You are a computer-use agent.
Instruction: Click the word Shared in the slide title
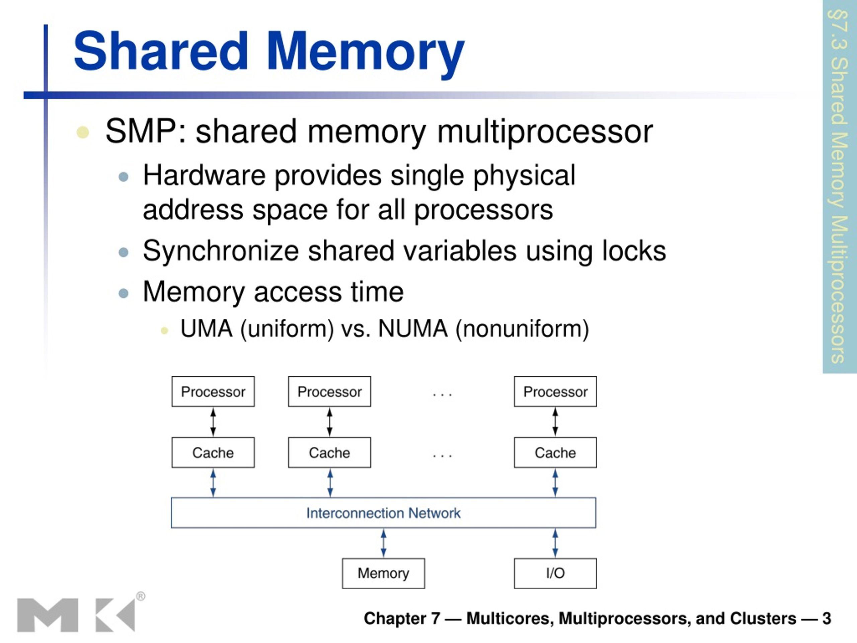click(x=161, y=51)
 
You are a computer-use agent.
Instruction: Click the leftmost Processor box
click(x=213, y=391)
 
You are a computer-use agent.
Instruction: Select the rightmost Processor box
click(x=555, y=391)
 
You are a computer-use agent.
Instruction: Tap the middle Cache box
click(x=329, y=452)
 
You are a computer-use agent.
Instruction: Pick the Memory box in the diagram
click(x=383, y=573)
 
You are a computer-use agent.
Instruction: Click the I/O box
click(x=555, y=573)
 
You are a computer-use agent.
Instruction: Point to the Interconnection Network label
click(x=383, y=513)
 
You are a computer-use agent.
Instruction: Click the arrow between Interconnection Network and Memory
click(x=383, y=543)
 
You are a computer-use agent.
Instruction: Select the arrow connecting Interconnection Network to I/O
click(x=555, y=543)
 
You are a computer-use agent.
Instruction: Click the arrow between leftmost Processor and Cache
click(x=213, y=422)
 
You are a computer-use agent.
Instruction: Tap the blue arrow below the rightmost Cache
click(x=555, y=483)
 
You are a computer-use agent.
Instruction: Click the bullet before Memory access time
click(x=124, y=293)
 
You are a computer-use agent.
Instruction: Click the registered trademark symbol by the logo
click(x=141, y=596)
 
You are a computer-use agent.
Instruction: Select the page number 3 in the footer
click(x=827, y=618)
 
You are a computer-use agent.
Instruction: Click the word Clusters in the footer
click(x=763, y=618)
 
